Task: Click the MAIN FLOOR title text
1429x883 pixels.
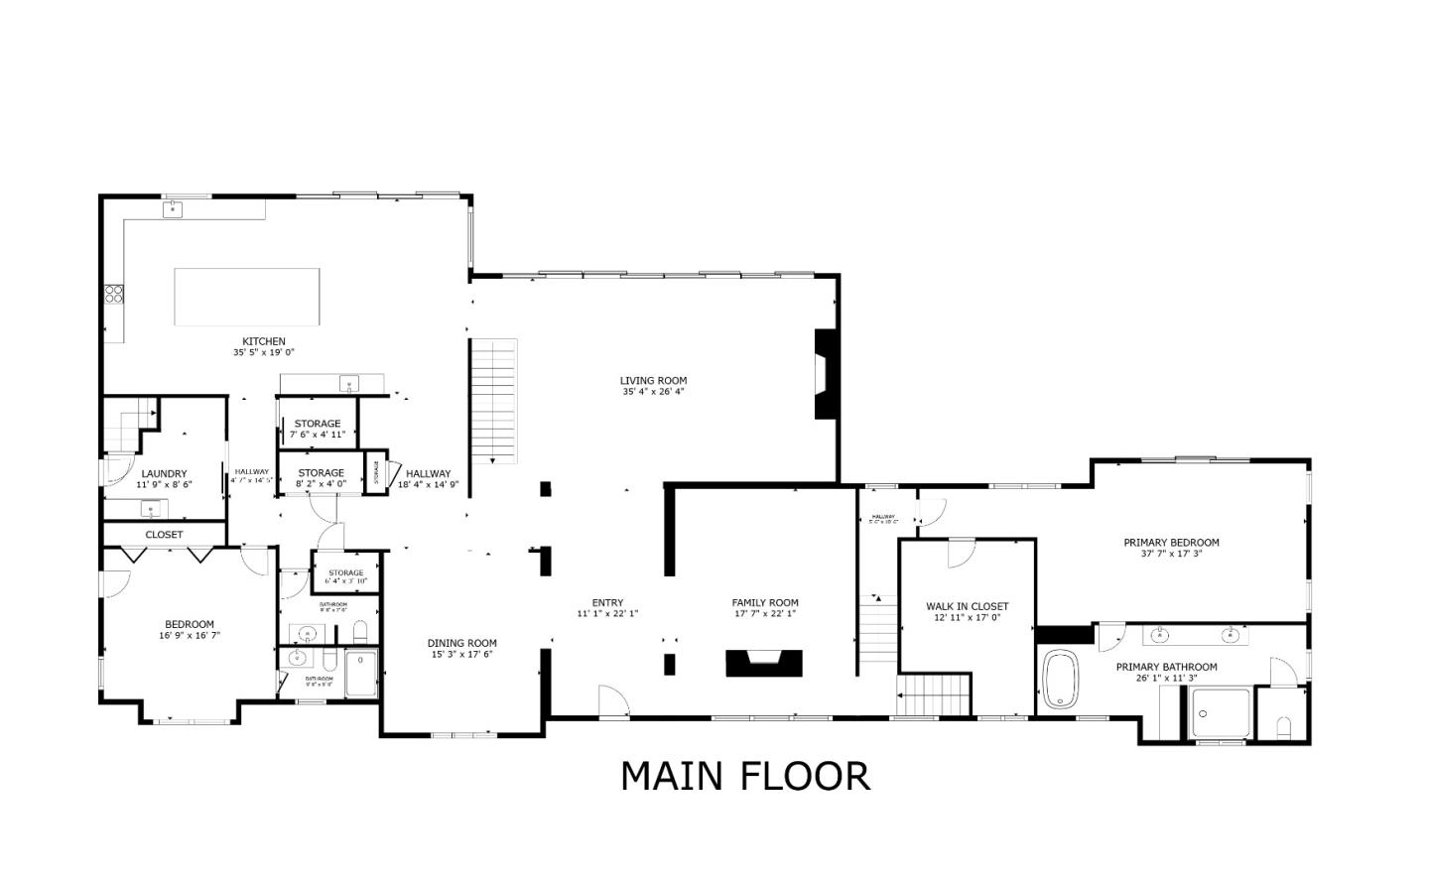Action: (x=745, y=776)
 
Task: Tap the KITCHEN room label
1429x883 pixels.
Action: (x=264, y=341)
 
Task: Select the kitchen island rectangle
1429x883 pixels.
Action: (x=247, y=297)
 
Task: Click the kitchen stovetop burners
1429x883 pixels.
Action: (x=114, y=293)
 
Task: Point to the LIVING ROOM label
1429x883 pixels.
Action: (x=653, y=380)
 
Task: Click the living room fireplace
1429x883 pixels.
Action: (x=824, y=374)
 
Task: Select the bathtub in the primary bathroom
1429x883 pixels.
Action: (x=1061, y=680)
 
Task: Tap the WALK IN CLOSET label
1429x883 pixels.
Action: (x=967, y=606)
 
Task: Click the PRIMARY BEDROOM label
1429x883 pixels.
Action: (x=1171, y=543)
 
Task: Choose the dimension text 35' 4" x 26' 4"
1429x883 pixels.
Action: (x=653, y=392)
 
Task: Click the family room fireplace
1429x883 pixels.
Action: (x=764, y=662)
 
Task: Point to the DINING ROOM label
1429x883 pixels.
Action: (x=461, y=643)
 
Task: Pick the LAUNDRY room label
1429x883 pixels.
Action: (x=164, y=474)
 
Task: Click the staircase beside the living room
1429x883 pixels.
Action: (x=494, y=400)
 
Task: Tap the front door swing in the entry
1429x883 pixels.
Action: (x=614, y=701)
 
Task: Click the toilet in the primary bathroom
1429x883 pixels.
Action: (x=1282, y=727)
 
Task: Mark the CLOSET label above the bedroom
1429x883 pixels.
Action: (x=164, y=535)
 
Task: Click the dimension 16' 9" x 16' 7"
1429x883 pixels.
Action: (x=189, y=636)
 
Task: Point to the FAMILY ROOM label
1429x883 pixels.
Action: (x=764, y=602)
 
